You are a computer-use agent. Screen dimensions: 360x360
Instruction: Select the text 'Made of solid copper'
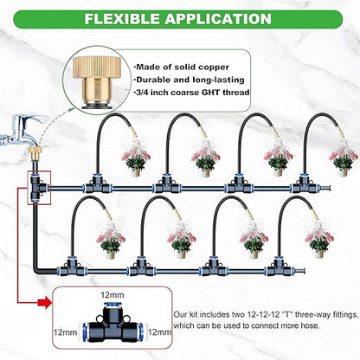pyautogui.click(x=178, y=65)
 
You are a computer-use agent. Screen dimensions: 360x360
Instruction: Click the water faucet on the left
pyautogui.click(x=19, y=138)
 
